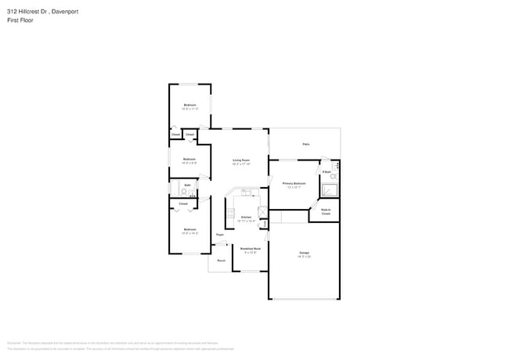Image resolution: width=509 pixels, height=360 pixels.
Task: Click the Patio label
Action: tap(305, 144)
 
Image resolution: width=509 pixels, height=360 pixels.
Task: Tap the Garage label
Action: tap(304, 253)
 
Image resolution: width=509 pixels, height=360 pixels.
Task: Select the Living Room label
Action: tap(240, 160)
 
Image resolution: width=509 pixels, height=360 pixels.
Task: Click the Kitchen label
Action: tap(246, 217)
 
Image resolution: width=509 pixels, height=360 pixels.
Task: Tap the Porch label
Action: tap(222, 261)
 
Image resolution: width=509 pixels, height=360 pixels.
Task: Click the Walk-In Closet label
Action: tap(326, 211)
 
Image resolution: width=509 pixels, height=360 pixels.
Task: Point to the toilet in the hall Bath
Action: tap(185, 191)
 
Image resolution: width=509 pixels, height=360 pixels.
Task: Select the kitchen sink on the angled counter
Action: tap(245, 192)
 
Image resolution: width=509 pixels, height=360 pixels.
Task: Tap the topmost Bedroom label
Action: tap(190, 105)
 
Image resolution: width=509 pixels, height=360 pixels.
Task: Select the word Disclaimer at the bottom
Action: tap(14, 343)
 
